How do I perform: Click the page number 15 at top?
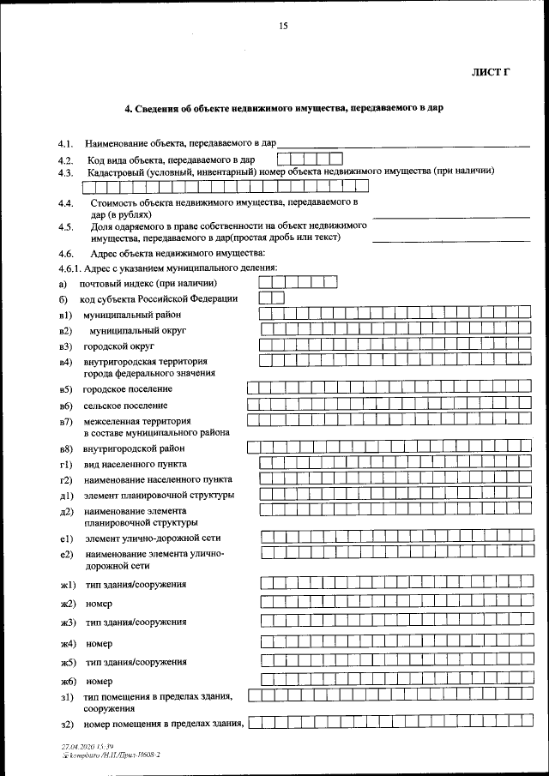click(283, 26)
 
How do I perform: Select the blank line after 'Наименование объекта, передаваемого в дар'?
click(403, 145)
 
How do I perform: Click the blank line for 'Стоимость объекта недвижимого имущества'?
click(451, 217)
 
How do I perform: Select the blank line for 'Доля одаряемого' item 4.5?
click(451, 241)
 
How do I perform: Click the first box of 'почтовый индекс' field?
click(267, 282)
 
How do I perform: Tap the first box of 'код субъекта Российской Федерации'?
click(265, 298)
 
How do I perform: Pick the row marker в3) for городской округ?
click(64, 346)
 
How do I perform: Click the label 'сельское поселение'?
click(125, 406)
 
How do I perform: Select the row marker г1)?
click(64, 464)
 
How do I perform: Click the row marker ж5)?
click(68, 663)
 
